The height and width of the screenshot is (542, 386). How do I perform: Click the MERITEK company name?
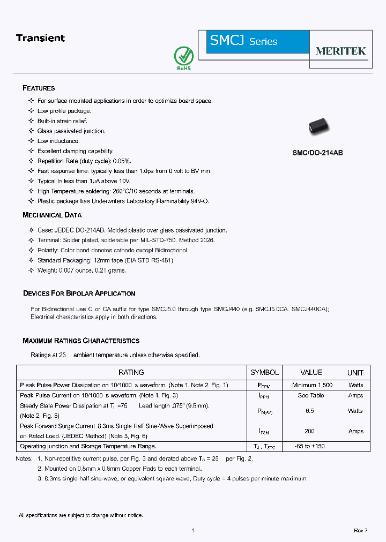[x=340, y=51]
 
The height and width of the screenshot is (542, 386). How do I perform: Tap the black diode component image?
[x=320, y=127]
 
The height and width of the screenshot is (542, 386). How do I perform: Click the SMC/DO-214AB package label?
[x=317, y=153]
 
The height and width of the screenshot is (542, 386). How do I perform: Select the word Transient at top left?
[x=40, y=38]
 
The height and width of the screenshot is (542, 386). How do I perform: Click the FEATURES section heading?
[x=39, y=88]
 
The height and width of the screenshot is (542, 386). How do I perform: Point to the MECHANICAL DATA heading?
[x=52, y=215]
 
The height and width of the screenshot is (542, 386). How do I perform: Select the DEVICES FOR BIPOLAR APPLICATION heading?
[x=79, y=293]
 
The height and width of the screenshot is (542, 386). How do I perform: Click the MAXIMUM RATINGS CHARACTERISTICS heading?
[x=81, y=341]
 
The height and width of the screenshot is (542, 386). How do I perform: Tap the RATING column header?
[x=131, y=372]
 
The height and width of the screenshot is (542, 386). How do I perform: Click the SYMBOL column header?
[x=264, y=372]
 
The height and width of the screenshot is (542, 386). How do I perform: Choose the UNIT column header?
[x=355, y=373]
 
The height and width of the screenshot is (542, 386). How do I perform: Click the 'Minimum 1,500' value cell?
[x=312, y=385]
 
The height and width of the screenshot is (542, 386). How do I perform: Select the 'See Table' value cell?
[x=311, y=395]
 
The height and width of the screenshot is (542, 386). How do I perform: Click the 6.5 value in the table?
[x=310, y=411]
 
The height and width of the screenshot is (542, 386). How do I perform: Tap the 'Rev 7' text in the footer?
[x=360, y=530]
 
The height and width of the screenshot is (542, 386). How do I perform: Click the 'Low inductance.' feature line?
[x=58, y=141]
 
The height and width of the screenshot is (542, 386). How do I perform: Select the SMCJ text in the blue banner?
[x=227, y=40]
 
